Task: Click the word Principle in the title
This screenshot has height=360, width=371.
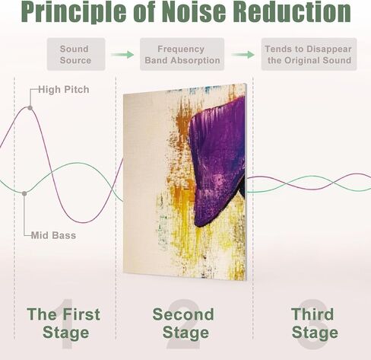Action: coord(74,12)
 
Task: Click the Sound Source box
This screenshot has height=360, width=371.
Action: coord(76,54)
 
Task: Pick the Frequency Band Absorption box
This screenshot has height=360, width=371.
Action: coord(182,54)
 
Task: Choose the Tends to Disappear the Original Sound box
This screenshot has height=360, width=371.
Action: coord(309,54)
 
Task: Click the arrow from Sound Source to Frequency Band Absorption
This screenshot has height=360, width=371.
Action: coord(122,55)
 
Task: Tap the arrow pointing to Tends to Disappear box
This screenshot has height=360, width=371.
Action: coord(243,55)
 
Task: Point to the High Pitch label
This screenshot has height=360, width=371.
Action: coord(64,90)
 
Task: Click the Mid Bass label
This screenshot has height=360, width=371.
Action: coord(53,235)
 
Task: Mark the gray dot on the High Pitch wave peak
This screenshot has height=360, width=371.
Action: coord(30,108)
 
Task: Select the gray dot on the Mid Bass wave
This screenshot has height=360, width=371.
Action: coord(24,193)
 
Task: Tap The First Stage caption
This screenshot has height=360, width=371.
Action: coord(64,323)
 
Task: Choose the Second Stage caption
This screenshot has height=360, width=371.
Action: coord(183,323)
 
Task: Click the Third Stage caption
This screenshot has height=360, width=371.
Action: coord(315,323)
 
